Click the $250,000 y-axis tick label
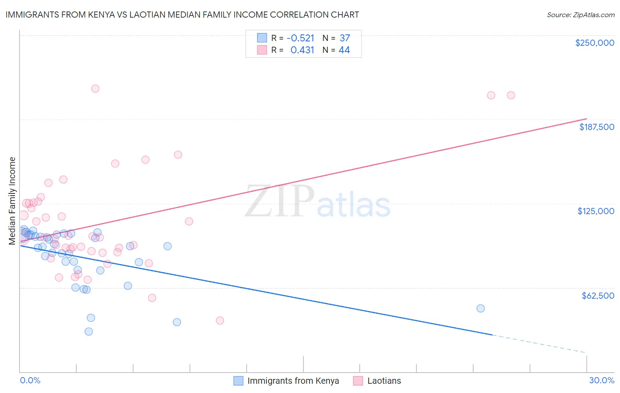click(x=594, y=43)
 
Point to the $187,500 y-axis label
click(x=596, y=127)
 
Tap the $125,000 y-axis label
click(x=596, y=211)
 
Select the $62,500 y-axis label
click(x=598, y=296)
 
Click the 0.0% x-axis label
click(x=30, y=380)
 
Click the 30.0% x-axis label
click(x=601, y=380)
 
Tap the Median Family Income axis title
click(x=12, y=200)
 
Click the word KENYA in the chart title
click(x=100, y=15)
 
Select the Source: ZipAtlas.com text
click(x=580, y=15)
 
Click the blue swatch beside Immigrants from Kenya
click(x=239, y=381)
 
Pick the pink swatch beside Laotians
click(x=358, y=381)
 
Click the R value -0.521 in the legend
click(x=300, y=38)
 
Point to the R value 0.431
click(x=302, y=50)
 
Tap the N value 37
click(x=344, y=38)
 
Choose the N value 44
click(x=344, y=50)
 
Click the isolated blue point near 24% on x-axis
click(x=481, y=308)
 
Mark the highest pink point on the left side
click(x=95, y=89)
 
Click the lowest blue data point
click(x=89, y=331)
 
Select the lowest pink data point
click(x=220, y=320)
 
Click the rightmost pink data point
click(x=511, y=95)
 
